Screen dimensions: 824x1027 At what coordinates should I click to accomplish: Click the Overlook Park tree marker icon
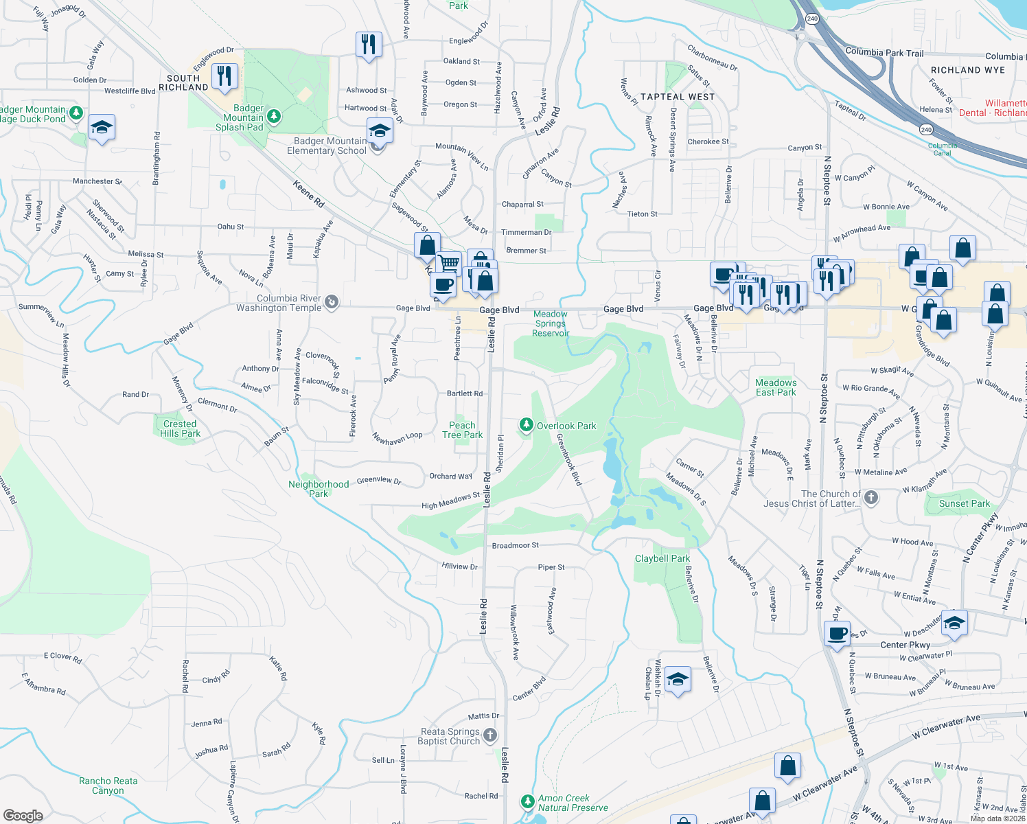pyautogui.click(x=526, y=426)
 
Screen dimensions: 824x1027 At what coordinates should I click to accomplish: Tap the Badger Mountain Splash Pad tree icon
pyautogui.click(x=274, y=117)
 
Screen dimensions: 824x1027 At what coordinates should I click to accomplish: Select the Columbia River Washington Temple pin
pyautogui.click(x=332, y=302)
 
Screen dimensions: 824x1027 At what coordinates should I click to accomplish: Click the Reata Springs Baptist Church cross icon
pyautogui.click(x=489, y=735)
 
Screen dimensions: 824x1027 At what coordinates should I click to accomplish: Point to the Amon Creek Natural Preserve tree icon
pyautogui.click(x=527, y=801)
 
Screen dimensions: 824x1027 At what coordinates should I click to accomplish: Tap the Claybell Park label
pyautogui.click(x=662, y=558)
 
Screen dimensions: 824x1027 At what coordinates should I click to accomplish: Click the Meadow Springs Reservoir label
pyautogui.click(x=551, y=323)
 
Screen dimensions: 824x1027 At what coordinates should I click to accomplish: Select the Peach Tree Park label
pyautogui.click(x=462, y=430)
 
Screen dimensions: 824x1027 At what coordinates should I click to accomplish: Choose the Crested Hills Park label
pyautogui.click(x=180, y=428)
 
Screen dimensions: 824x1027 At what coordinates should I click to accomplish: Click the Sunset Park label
pyautogui.click(x=964, y=503)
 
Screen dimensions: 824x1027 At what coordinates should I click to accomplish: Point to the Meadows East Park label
pyautogui.click(x=776, y=387)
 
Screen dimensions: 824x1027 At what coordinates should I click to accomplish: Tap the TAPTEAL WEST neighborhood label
pyautogui.click(x=678, y=97)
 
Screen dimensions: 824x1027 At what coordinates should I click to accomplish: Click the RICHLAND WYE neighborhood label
pyautogui.click(x=967, y=70)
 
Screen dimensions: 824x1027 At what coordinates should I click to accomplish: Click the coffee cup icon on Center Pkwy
pyautogui.click(x=837, y=634)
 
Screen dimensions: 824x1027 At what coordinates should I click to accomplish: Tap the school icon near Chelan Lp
pyautogui.click(x=678, y=679)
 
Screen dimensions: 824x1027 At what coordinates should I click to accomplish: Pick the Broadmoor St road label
pyautogui.click(x=516, y=545)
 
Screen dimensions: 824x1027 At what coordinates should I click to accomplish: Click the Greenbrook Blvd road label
pyautogui.click(x=569, y=459)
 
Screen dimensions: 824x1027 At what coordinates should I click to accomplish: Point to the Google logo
pyautogui.click(x=23, y=815)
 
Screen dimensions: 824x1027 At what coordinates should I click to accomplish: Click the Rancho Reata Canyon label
pyautogui.click(x=108, y=786)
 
